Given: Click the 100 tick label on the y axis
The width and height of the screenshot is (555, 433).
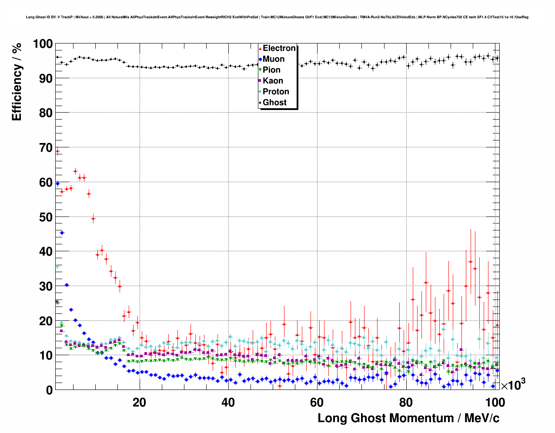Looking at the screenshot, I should pyautogui.click(x=42, y=44).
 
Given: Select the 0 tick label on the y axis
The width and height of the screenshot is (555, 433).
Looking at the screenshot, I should pyautogui.click(x=49, y=390).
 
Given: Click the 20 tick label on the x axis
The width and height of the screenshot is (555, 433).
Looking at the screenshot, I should pyautogui.click(x=139, y=402).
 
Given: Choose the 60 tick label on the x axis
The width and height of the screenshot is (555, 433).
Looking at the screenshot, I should pyautogui.click(x=317, y=402).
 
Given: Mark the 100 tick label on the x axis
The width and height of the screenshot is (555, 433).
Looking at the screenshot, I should pyautogui.click(x=495, y=402).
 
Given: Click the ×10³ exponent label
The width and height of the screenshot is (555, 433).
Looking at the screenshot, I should pyautogui.click(x=513, y=384).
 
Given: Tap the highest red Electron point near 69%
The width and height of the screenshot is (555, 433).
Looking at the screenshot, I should pyautogui.click(x=57, y=151).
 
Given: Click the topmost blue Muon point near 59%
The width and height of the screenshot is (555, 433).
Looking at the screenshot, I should pyautogui.click(x=57, y=183).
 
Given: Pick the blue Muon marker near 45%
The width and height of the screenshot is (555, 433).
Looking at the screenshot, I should pyautogui.click(x=62, y=233).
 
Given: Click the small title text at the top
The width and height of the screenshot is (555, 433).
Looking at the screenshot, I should pyautogui.click(x=277, y=17).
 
